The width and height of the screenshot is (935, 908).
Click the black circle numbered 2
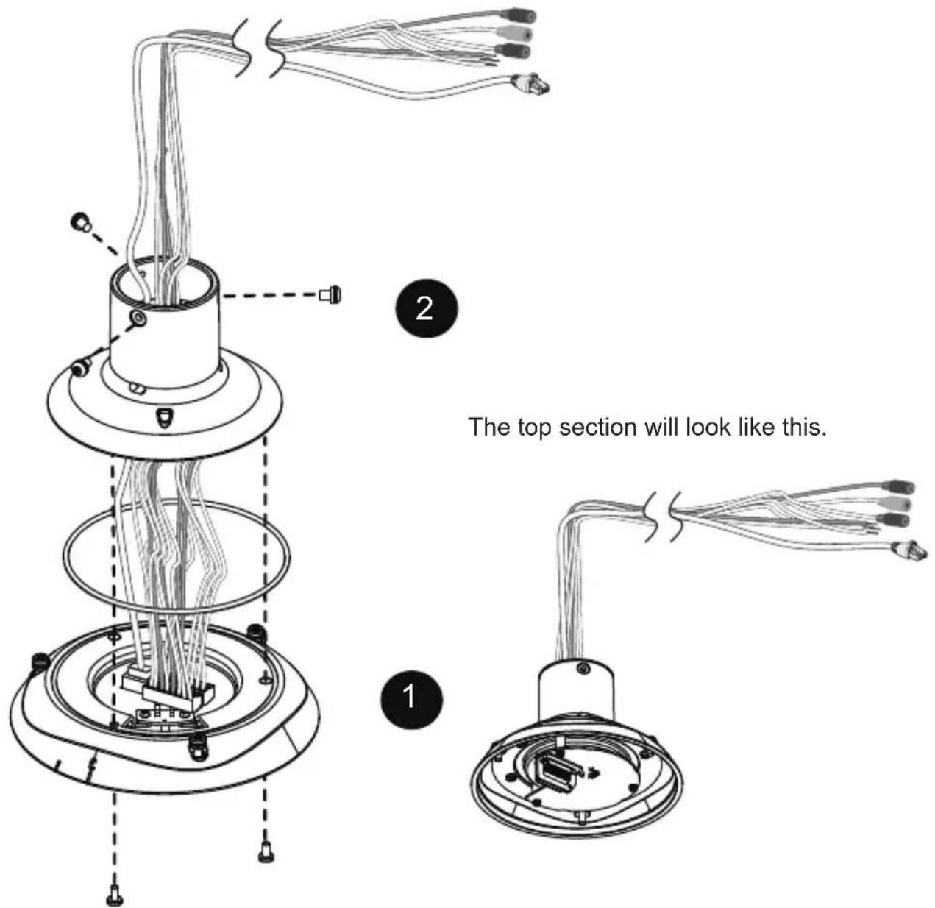[426, 308]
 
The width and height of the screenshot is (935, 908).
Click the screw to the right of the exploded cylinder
[330, 294]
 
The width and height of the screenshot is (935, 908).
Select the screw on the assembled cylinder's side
[583, 667]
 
